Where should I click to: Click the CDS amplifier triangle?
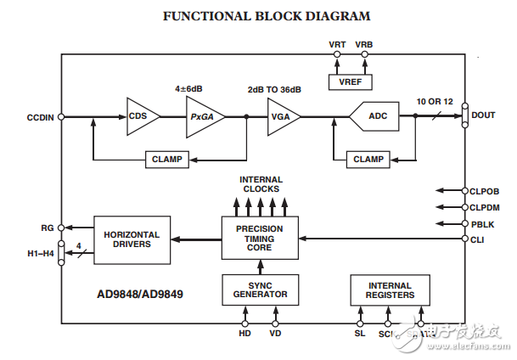point(141,116)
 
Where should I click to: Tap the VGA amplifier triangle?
point(281,116)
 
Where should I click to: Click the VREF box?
point(351,81)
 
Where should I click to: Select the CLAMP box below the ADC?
point(367,159)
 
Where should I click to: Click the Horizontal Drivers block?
point(126,239)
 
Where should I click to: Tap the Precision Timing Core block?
point(260,239)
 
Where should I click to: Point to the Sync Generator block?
point(260,290)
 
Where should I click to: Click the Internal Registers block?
point(391,290)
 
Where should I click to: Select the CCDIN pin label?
point(40,117)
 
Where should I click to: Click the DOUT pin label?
point(483,115)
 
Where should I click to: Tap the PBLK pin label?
point(481,223)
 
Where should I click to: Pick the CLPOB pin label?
point(485,190)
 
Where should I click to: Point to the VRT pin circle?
point(337,55)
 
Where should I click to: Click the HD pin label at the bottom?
point(245,335)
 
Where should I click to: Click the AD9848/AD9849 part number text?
point(140,295)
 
